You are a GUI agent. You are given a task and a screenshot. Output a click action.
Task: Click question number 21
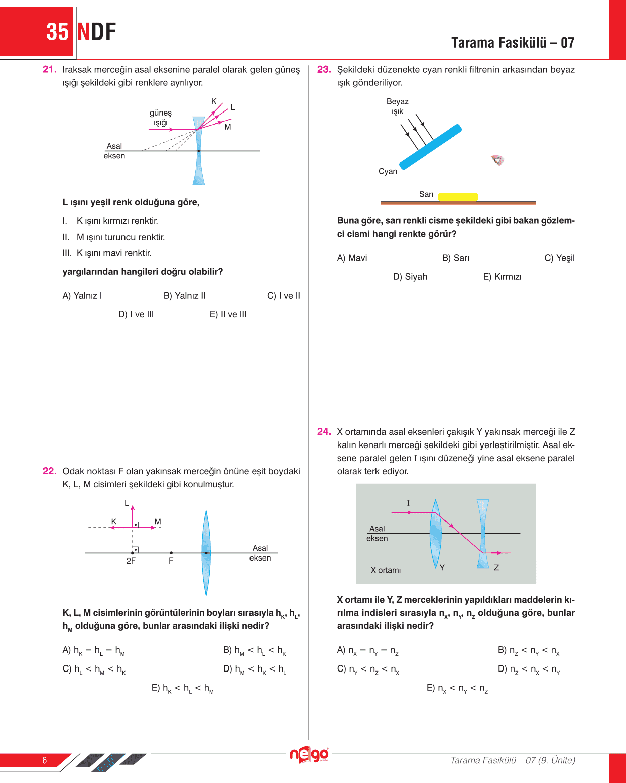(49, 70)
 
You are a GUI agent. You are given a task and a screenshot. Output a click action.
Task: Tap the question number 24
(324, 432)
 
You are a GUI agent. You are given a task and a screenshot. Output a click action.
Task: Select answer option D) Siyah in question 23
(410, 277)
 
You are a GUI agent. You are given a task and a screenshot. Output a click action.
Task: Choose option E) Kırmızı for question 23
(502, 277)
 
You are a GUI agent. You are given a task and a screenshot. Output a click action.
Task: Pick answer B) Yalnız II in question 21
(184, 296)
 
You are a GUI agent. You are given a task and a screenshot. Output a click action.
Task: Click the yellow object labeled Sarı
(458, 197)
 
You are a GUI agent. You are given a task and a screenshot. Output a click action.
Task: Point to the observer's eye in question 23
(497, 160)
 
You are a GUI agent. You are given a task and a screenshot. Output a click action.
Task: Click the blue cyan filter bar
(430, 146)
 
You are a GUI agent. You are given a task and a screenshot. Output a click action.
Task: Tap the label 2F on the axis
(131, 561)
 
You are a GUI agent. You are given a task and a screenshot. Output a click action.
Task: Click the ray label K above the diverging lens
(214, 101)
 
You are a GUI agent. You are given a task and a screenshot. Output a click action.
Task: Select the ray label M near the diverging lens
(228, 127)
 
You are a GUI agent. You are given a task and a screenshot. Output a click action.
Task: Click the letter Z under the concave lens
(496, 568)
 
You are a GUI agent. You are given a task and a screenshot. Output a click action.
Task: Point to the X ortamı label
(386, 570)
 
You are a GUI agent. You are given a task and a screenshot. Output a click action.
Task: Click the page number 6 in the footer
(45, 760)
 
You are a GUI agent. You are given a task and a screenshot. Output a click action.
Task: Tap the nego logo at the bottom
(309, 755)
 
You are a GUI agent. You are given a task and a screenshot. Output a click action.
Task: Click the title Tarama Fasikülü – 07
(513, 43)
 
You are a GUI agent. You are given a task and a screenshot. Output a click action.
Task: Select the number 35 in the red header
(57, 32)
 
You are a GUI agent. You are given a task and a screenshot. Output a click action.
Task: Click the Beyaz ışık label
(397, 106)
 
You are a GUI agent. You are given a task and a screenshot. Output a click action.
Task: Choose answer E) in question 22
(183, 688)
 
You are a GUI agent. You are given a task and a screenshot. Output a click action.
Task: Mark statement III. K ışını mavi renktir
(107, 253)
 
